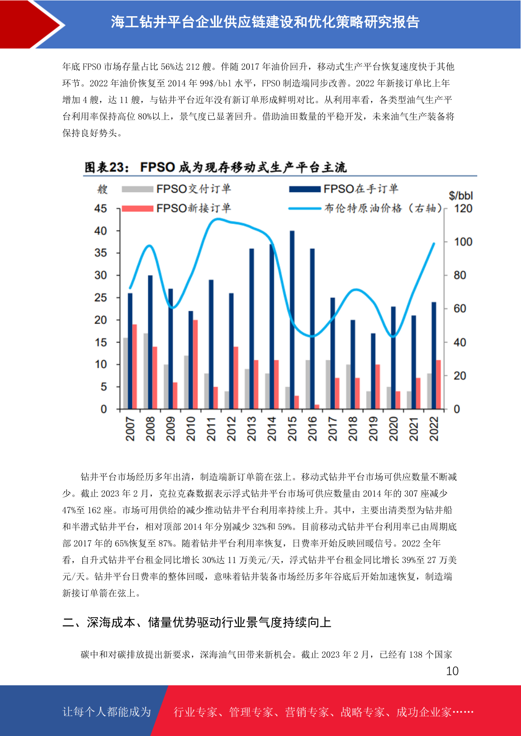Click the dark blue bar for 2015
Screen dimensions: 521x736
[292, 319]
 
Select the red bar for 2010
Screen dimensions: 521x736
[196, 365]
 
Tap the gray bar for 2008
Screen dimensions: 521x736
[146, 371]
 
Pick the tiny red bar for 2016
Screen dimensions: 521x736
[317, 407]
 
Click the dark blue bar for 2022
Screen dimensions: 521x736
[434, 355]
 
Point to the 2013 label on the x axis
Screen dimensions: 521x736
[252, 429]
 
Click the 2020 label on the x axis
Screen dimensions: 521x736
[393, 429]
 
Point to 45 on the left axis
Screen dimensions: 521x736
[101, 208]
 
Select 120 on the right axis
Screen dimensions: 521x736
[463, 208]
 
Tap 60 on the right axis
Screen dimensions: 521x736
[460, 309]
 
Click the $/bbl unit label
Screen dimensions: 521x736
[461, 196]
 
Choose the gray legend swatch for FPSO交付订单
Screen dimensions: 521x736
[137, 189]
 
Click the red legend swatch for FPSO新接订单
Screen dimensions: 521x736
[137, 208]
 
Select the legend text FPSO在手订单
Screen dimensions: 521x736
[361, 189]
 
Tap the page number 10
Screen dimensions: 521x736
[452, 671]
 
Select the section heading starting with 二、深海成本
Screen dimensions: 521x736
[197, 622]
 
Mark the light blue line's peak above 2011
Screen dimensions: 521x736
[217, 219]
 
